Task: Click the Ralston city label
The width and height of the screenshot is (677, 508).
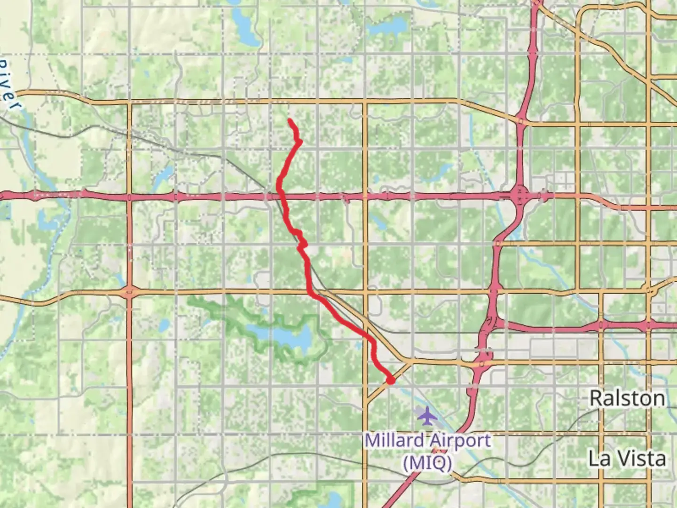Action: pyautogui.click(x=627, y=398)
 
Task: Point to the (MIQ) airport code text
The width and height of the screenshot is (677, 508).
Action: pyautogui.click(x=427, y=463)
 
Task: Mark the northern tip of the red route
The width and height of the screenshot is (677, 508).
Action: pyautogui.click(x=289, y=121)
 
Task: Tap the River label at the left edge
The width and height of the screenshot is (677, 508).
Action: pyautogui.click(x=9, y=85)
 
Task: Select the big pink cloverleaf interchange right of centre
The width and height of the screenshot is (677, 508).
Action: pyautogui.click(x=520, y=195)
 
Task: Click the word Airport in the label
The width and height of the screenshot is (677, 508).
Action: pyautogui.click(x=461, y=441)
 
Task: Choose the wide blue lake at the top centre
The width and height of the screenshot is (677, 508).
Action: pyautogui.click(x=388, y=24)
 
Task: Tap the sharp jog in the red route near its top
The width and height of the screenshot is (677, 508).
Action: pyautogui.click(x=298, y=139)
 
